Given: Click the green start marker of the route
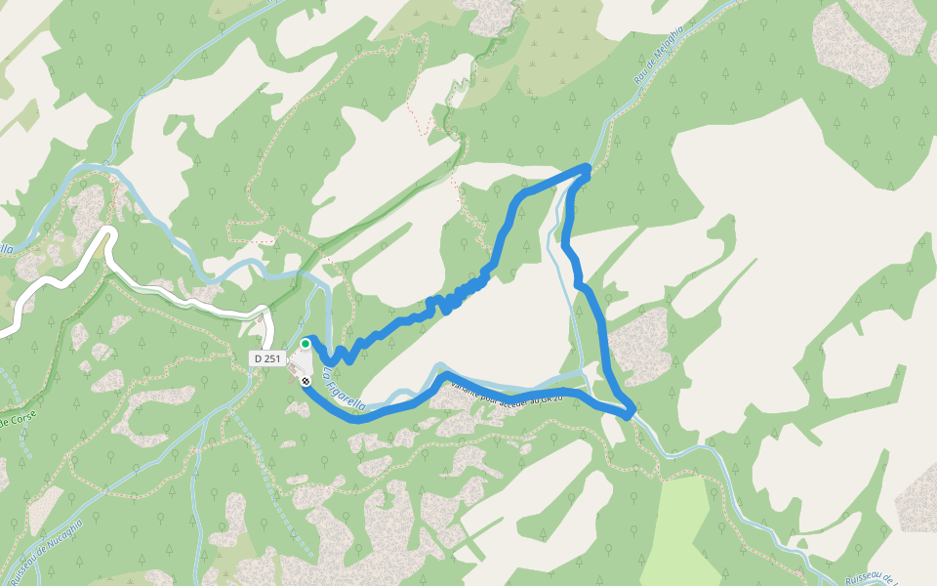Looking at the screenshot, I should coord(306,344).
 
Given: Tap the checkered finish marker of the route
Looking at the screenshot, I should coord(306,380).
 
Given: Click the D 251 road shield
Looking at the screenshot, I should coord(266,358).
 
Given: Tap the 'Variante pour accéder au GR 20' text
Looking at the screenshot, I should coord(507,394).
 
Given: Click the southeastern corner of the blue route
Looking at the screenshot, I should coord(631,413).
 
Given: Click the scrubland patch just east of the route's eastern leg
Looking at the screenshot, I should coord(639,342).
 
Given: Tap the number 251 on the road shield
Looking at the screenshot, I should coord(272,358).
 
